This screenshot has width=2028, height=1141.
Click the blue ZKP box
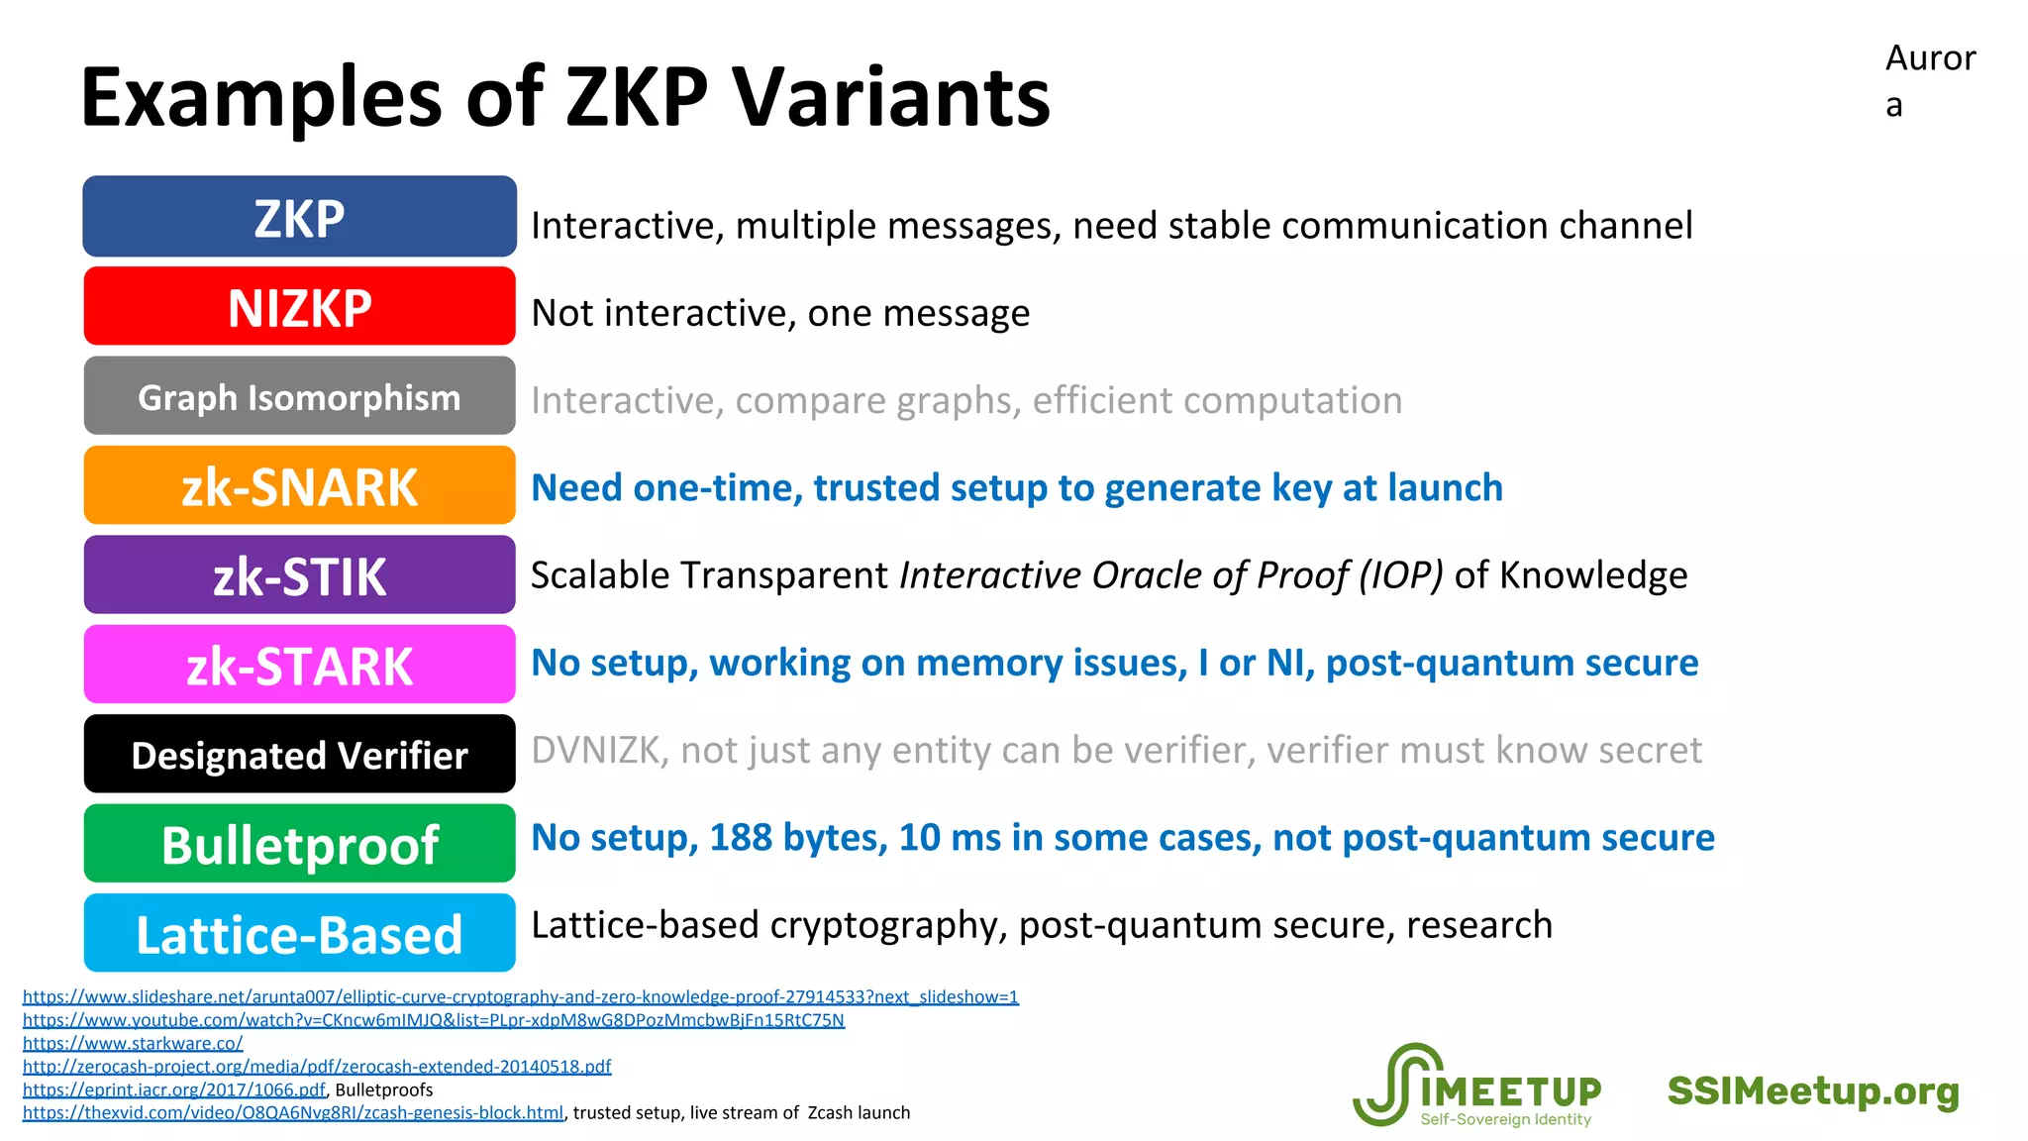tap(299, 217)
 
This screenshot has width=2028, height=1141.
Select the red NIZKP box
tap(299, 306)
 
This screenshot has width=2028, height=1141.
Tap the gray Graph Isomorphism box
tap(299, 396)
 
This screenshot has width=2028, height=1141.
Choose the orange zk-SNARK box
tap(299, 485)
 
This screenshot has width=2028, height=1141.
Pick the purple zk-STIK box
tap(299, 575)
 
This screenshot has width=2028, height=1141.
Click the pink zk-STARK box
tap(299, 665)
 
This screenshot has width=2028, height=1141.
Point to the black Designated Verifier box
tap(299, 755)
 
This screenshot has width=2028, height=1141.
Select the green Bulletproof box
tap(299, 844)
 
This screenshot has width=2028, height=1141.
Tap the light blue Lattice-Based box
tap(299, 934)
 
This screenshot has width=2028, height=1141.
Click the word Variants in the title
tap(890, 97)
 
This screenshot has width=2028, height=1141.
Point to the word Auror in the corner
tap(1930, 58)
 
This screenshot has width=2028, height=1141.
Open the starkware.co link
tap(133, 1043)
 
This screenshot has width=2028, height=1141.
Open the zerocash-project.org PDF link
tap(317, 1067)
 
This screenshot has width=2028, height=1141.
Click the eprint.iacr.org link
tap(174, 1089)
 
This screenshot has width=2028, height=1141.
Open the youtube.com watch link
tap(434, 1020)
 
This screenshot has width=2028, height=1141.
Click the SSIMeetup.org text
tap(1813, 1090)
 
